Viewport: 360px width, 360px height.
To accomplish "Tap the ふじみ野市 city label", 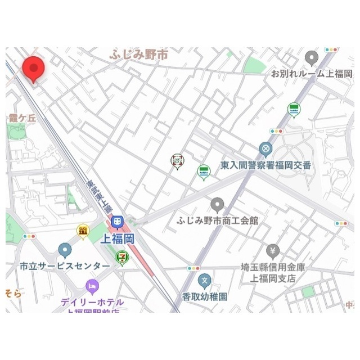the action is tap(139, 56).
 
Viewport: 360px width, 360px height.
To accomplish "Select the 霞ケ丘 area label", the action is tap(22, 118).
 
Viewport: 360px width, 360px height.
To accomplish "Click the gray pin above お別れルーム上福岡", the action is tap(312, 58).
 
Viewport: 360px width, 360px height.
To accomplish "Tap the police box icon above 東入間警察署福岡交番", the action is tap(265, 149).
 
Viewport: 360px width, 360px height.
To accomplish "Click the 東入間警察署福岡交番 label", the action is tap(265, 166).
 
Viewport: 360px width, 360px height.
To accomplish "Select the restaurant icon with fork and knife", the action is tap(177, 161).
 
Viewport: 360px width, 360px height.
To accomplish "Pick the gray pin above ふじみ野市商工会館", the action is tap(217, 205).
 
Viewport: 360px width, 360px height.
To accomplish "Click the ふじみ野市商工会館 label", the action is tap(217, 221).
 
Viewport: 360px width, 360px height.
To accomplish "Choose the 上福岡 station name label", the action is tap(116, 238).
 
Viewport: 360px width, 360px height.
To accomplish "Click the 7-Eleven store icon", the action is tap(121, 257).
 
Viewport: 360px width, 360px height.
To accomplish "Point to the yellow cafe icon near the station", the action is tap(83, 230).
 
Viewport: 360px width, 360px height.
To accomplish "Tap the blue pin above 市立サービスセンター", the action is tap(65, 249).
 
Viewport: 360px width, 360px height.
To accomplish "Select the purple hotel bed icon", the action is tap(92, 286).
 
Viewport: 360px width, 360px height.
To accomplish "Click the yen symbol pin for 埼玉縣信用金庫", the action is tap(273, 249).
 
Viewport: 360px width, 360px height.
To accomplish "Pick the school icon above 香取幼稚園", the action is tap(206, 280).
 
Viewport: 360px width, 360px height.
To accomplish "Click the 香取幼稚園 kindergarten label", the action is tap(204, 296).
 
